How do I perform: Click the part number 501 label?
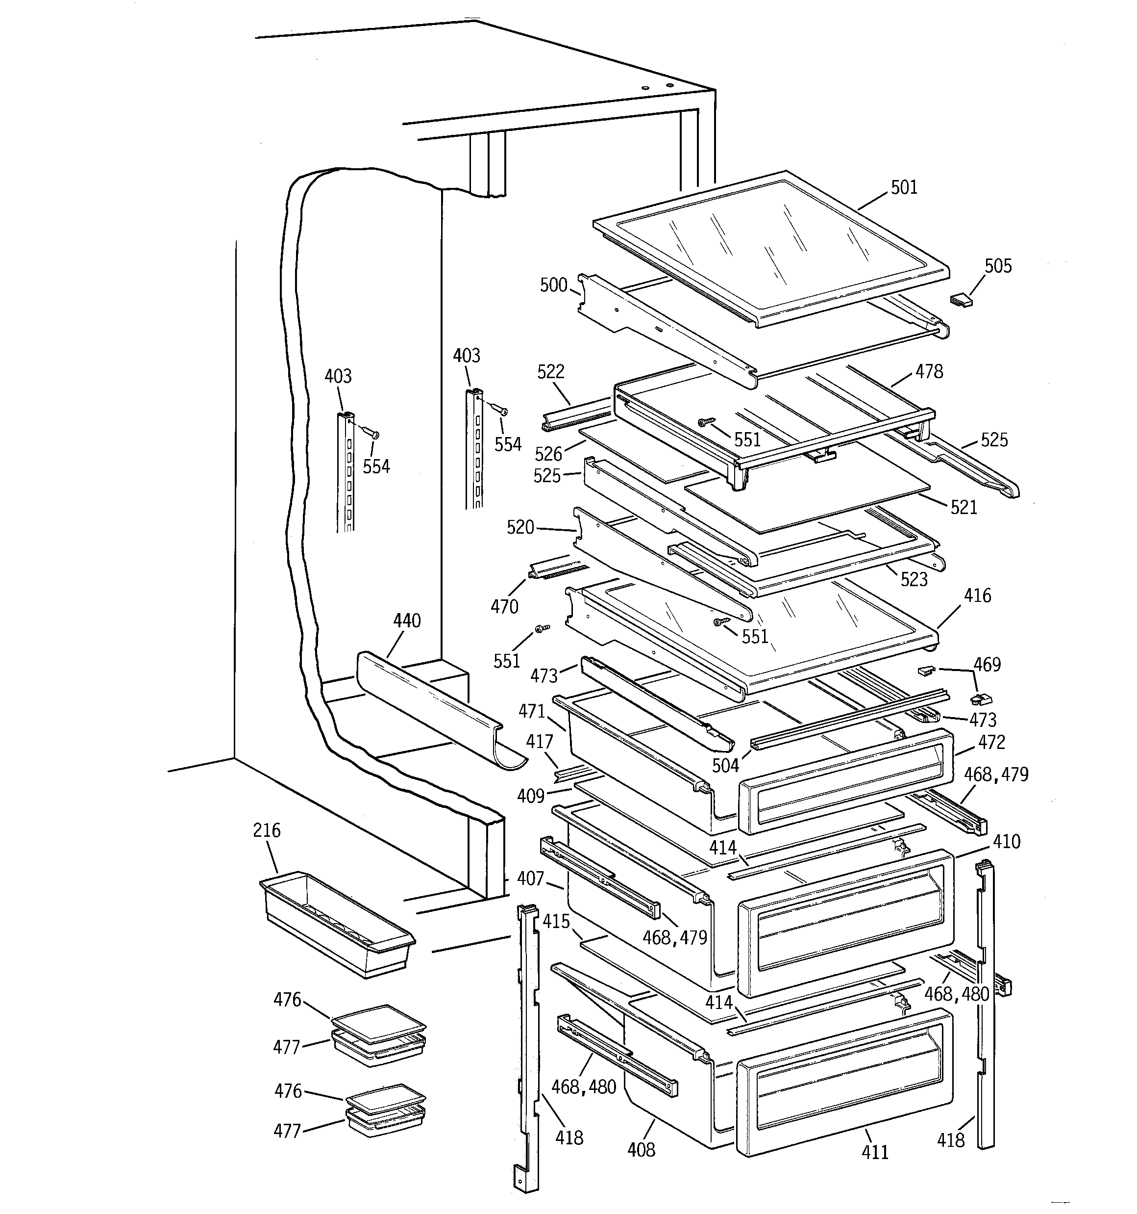[x=903, y=187]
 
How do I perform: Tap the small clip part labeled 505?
[x=961, y=300]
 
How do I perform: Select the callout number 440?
[x=406, y=621]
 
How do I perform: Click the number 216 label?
[x=267, y=830]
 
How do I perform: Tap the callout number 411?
[x=875, y=1152]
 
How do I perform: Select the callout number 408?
[x=641, y=1150]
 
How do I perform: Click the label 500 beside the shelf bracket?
[x=553, y=285]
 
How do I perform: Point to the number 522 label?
[x=550, y=372]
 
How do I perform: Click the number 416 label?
[x=977, y=596]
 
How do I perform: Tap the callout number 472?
[x=991, y=743]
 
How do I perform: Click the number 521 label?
[x=964, y=508]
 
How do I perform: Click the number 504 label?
[x=725, y=766]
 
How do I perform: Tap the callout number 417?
[x=540, y=742]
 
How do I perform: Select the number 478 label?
[x=929, y=371]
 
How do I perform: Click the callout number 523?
[x=914, y=579]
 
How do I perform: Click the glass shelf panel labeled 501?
[x=769, y=250]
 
